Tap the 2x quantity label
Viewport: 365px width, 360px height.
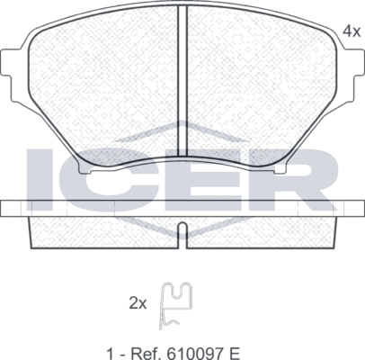(x=138, y=303)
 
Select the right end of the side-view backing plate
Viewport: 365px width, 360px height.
(x=353, y=208)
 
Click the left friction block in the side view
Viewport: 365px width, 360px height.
(x=103, y=230)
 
